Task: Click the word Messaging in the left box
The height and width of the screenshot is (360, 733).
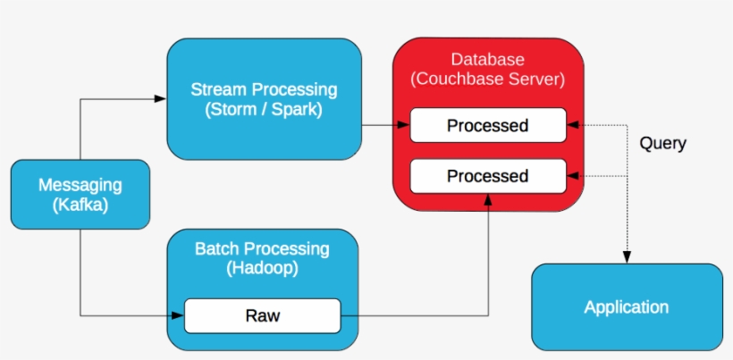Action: pyautogui.click(x=80, y=185)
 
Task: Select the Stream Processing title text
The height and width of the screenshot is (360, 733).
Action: pyautogui.click(x=264, y=90)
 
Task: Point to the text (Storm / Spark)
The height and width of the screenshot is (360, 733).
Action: pyautogui.click(x=264, y=111)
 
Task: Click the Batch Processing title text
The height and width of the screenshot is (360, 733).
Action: pyautogui.click(x=262, y=249)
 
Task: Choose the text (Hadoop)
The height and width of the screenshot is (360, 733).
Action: pyautogui.click(x=262, y=268)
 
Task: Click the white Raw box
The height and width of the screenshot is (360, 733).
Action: pyautogui.click(x=262, y=315)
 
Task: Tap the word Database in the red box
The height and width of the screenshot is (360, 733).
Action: pyautogui.click(x=487, y=60)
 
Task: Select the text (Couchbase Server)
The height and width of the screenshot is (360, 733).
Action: pyautogui.click(x=487, y=80)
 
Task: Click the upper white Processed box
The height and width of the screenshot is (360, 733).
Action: pyautogui.click(x=487, y=125)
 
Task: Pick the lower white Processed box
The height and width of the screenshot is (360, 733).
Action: pyautogui.click(x=487, y=176)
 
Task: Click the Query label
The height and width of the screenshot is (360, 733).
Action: pyautogui.click(x=662, y=143)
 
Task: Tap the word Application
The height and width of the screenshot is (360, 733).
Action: pyautogui.click(x=626, y=307)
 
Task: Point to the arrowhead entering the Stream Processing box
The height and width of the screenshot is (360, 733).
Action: pyautogui.click(x=161, y=98)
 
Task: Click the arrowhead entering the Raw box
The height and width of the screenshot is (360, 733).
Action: pyautogui.click(x=178, y=315)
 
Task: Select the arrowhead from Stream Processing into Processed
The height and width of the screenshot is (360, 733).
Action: pyautogui.click(x=404, y=125)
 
